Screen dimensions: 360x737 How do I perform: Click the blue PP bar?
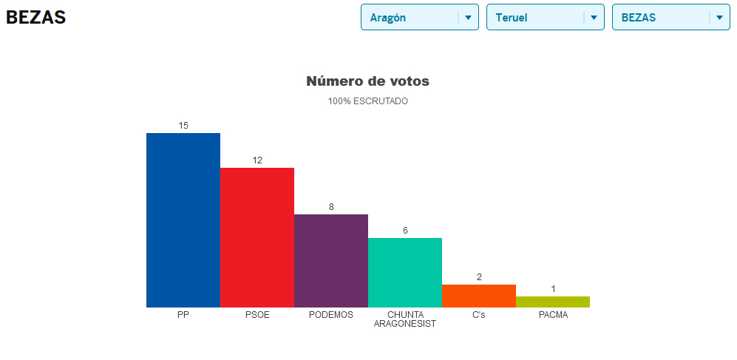[x=183, y=220]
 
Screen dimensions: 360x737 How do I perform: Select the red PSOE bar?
[x=257, y=237]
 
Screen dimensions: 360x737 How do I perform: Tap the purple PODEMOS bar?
[x=331, y=260]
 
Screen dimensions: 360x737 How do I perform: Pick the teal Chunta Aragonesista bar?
[x=405, y=272]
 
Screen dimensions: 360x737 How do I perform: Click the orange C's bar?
[x=479, y=296]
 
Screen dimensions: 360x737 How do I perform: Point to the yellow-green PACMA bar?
[x=553, y=302]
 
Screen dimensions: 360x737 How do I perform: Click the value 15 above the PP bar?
[x=183, y=126]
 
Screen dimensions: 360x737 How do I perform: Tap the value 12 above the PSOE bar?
[x=257, y=160]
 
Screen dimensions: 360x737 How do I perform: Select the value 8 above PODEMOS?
[x=331, y=207]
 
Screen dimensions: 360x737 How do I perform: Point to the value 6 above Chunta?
[x=405, y=231]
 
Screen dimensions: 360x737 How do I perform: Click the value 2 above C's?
[x=479, y=277]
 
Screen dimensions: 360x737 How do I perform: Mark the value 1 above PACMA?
[x=553, y=289]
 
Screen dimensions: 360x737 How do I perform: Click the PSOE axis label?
[x=257, y=315]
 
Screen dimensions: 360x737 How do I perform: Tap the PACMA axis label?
[x=553, y=315]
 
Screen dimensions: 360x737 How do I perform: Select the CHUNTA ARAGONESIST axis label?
[x=405, y=319]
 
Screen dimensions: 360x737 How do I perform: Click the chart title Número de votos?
[x=367, y=81]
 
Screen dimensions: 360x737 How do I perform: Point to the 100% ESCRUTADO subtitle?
[x=367, y=101]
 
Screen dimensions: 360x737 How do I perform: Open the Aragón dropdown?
[x=419, y=18]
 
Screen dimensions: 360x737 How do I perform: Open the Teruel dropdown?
[x=545, y=18]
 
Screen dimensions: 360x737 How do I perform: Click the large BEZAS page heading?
[x=35, y=18]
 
